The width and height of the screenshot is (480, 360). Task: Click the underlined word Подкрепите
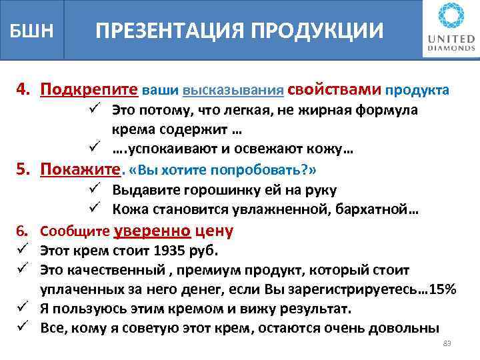(x=89, y=89)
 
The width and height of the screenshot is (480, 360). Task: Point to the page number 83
(x=447, y=343)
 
